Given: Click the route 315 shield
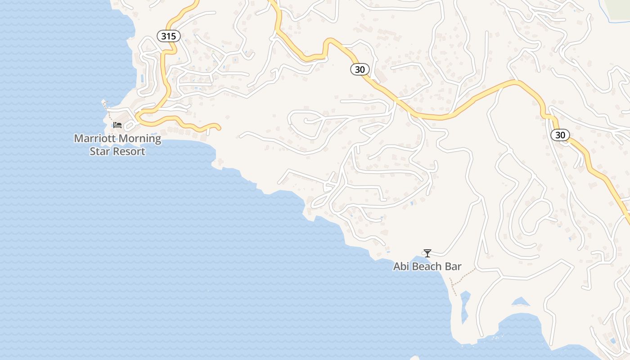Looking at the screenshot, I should (168, 36).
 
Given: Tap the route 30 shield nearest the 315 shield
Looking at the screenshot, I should (360, 69).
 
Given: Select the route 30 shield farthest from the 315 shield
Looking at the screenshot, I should (560, 135).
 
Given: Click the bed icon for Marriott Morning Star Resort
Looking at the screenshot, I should (117, 125).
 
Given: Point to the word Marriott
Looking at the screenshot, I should (94, 139).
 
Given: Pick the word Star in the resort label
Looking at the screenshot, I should (100, 151).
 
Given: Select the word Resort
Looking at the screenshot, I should (129, 151).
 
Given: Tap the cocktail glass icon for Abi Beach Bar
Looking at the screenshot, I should (427, 253).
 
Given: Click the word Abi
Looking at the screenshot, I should (402, 266).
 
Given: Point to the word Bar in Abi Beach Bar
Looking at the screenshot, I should (453, 266).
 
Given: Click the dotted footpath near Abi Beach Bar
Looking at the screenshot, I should (463, 276).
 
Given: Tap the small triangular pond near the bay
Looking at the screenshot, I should (521, 301).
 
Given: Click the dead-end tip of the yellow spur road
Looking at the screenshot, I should (219, 128).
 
